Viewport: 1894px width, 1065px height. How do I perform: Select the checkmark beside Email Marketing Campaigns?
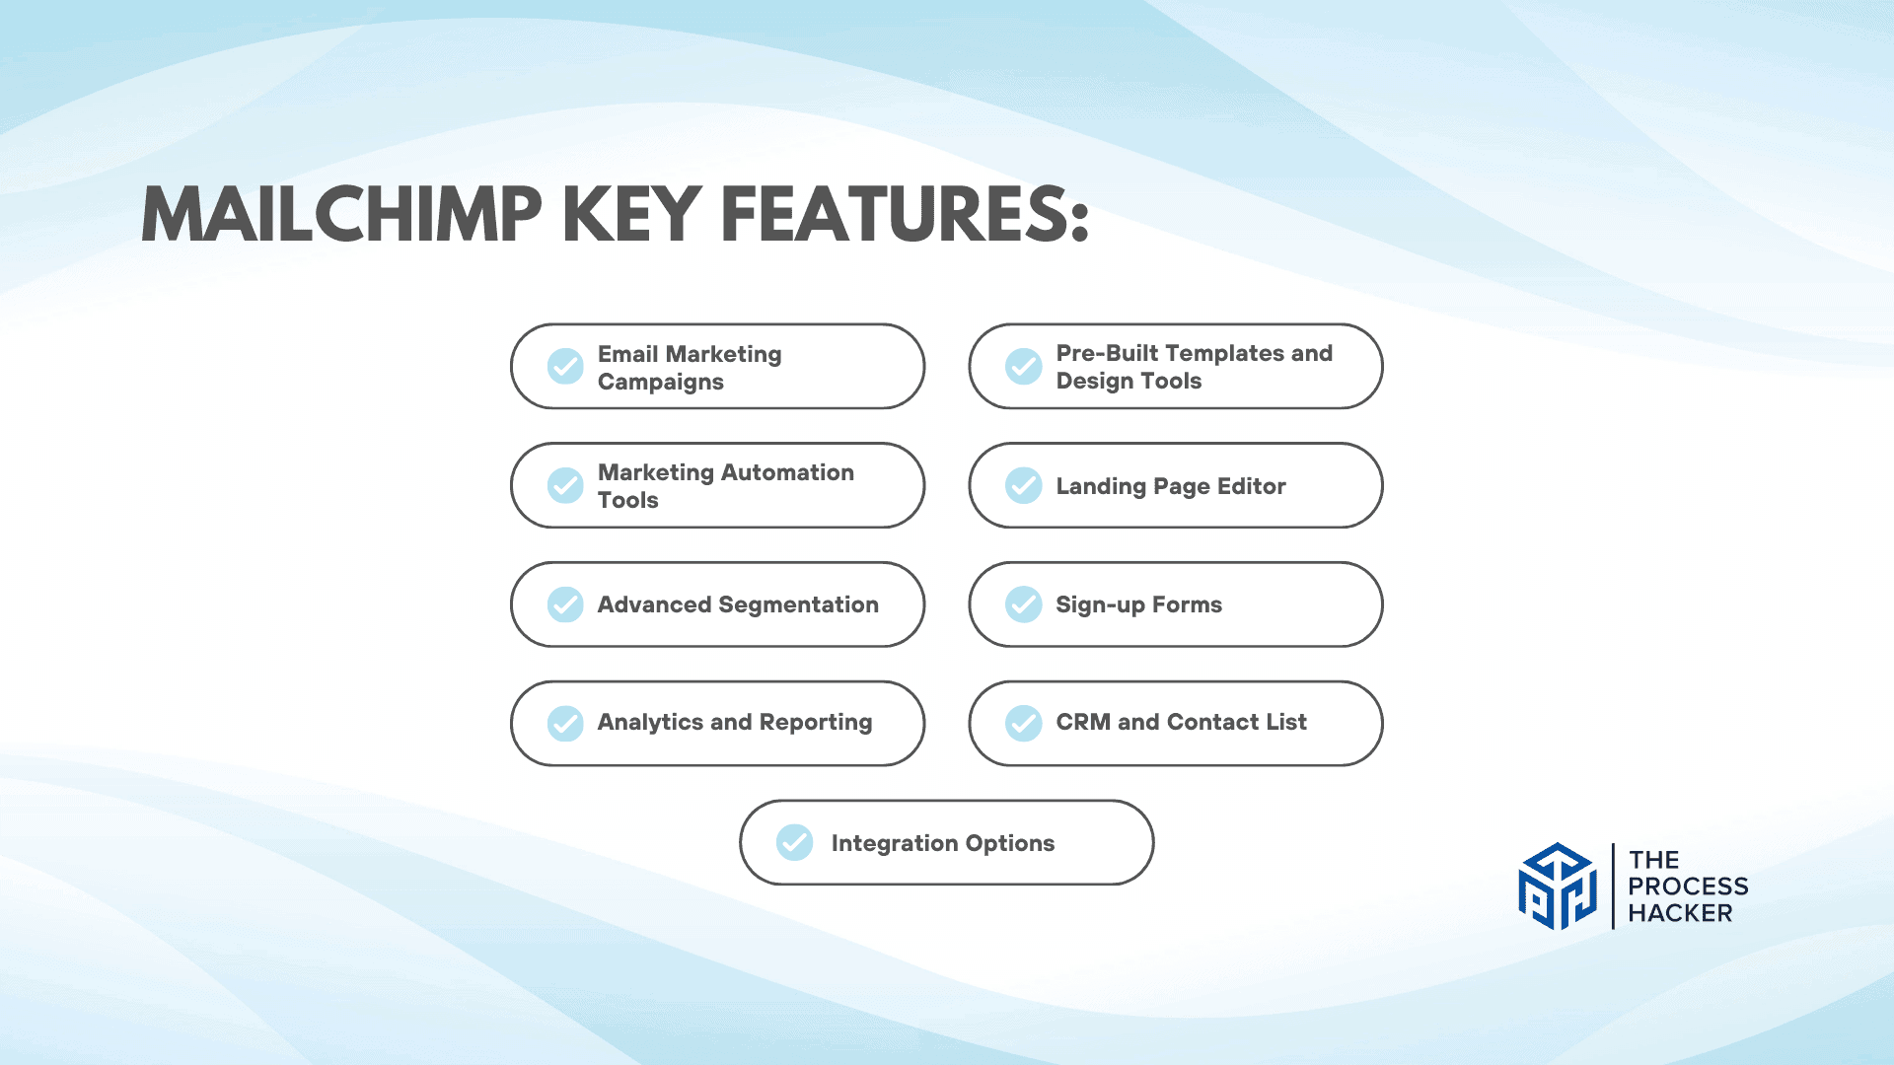(565, 366)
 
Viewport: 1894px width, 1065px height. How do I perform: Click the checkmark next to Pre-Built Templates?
(1024, 366)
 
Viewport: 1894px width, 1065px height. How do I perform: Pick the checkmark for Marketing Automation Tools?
(565, 485)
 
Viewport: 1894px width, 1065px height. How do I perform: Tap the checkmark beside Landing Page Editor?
(1024, 485)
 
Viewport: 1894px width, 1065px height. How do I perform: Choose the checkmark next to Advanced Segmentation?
(565, 604)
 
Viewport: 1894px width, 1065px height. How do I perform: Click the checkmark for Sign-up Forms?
(1024, 604)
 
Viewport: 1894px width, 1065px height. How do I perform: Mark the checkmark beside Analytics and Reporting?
(565, 723)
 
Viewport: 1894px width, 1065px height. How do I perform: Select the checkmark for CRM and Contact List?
(1024, 723)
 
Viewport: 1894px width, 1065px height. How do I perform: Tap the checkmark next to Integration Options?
(794, 842)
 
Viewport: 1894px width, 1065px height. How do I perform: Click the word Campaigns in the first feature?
(661, 383)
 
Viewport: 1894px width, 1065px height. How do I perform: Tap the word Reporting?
(816, 723)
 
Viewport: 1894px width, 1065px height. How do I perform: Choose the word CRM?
(1083, 722)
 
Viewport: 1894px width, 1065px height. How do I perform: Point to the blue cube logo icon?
(1558, 886)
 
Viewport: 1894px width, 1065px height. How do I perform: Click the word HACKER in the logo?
(1680, 913)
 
